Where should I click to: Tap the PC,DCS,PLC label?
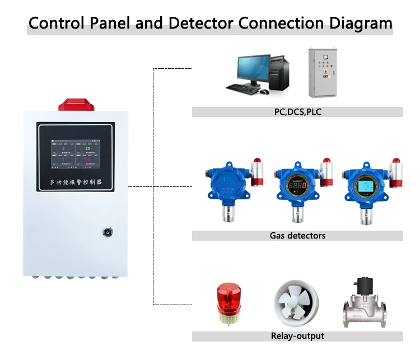pos(297,112)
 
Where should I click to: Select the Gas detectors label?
pos(297,236)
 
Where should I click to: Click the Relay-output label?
pos(297,336)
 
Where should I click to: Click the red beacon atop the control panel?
pos(76,104)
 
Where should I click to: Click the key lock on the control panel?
pos(107,231)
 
